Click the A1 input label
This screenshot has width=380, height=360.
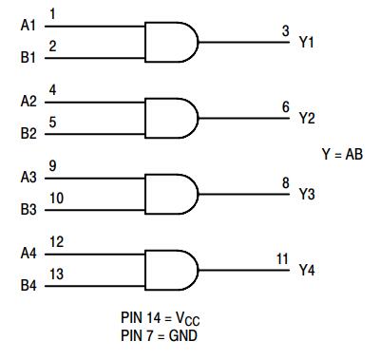tap(28, 26)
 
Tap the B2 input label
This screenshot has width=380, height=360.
tap(28, 133)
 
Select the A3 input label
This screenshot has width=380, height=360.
tap(28, 178)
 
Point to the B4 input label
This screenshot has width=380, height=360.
tap(28, 285)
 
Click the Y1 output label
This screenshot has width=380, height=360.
tap(307, 42)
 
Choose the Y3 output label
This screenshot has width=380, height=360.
tap(307, 194)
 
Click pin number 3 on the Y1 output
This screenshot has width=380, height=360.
tap(286, 31)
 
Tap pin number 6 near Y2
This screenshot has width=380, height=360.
tap(286, 107)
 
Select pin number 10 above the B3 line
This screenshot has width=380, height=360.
tap(56, 199)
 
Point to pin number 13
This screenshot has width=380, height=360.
tap(56, 275)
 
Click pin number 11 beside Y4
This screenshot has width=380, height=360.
tap(282, 259)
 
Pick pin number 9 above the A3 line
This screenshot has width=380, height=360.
tap(52, 166)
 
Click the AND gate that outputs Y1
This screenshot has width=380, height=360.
tap(171, 42)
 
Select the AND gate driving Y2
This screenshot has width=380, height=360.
tap(171, 118)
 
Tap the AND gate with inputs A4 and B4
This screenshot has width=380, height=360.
tap(171, 270)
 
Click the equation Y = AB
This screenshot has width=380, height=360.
tap(342, 155)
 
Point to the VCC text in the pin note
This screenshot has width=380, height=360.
tap(188, 318)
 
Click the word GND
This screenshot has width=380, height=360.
tap(183, 335)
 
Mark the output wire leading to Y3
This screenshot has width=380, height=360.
tap(244, 194)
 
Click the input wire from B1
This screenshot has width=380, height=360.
tap(95, 58)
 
